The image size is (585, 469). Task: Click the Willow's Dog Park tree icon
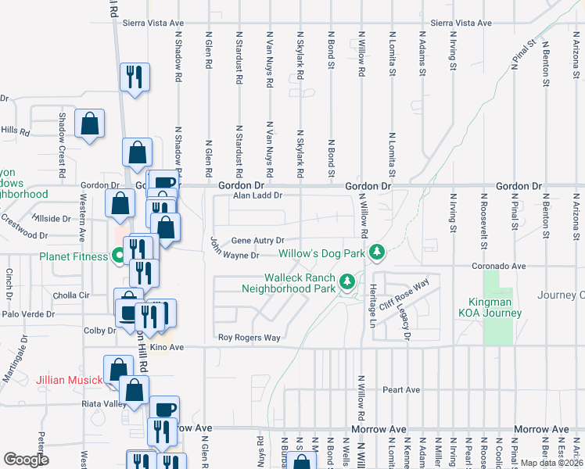(378, 252)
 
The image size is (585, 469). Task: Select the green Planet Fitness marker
(119, 255)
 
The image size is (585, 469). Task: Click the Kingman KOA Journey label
(495, 307)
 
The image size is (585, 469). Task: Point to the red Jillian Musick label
(69, 381)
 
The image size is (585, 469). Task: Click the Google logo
(26, 460)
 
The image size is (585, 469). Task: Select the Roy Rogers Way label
(249, 338)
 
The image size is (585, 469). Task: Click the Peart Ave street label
(401, 389)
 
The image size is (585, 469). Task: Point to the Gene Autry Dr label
(257, 241)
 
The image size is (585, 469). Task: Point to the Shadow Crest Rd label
(63, 133)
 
